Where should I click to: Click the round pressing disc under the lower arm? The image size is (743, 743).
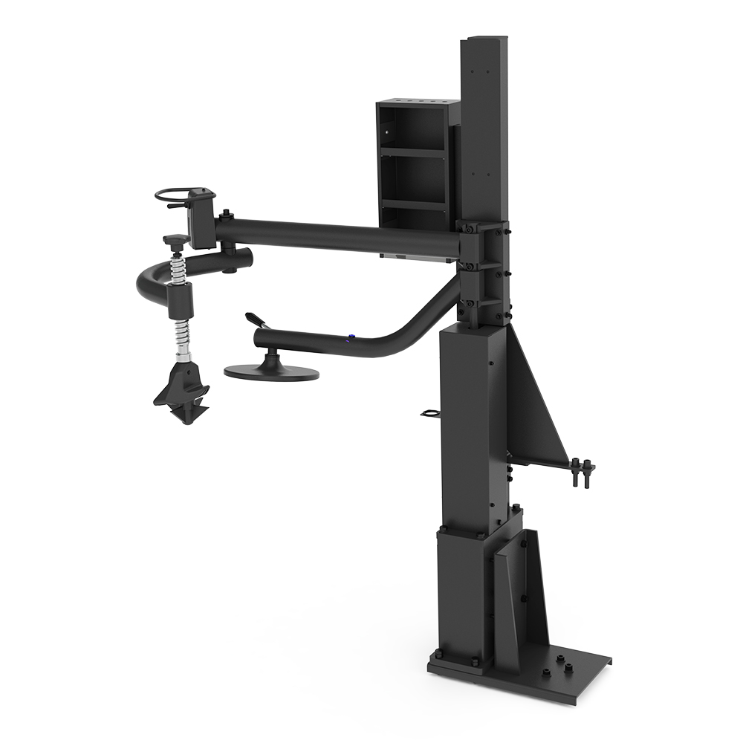[x=272, y=371]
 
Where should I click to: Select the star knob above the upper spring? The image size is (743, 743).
[x=176, y=240]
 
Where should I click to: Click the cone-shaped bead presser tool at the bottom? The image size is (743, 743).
[x=182, y=390]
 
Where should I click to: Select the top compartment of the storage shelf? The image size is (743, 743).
[x=414, y=129]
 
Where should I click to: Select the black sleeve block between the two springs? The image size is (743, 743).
[x=181, y=299]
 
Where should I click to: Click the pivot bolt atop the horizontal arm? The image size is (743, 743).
[x=224, y=215]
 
